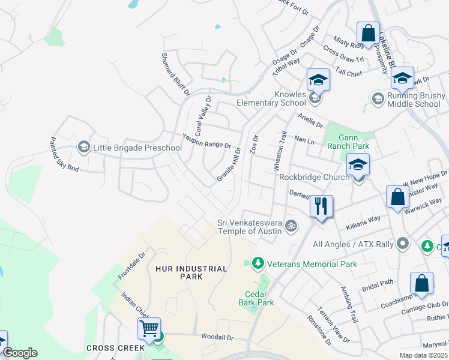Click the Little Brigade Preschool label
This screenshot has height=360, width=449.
[137, 148]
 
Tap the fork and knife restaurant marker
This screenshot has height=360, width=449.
[321, 206]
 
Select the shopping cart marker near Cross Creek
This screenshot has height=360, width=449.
[149, 328]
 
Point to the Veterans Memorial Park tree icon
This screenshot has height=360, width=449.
[258, 263]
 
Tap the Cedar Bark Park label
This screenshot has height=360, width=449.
[259, 298]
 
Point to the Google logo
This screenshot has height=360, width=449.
[20, 353]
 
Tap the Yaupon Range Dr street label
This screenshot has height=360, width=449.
[207, 142]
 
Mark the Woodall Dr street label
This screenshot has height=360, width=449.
[217, 338]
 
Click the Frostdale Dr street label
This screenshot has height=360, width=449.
[133, 266]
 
